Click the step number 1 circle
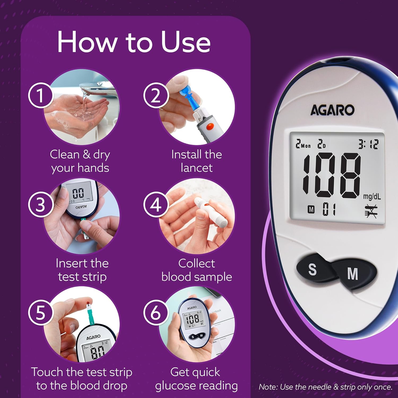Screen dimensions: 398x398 click(40, 95)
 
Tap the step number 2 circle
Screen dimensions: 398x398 click(156, 95)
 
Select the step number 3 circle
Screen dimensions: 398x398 click(40, 205)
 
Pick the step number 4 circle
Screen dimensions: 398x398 click(156, 205)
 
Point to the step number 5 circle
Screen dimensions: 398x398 click(40, 313)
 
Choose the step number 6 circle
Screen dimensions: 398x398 click(156, 313)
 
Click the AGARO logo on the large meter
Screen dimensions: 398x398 click(332, 110)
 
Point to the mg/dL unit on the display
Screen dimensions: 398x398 click(372, 196)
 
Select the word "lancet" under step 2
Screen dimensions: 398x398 click(197, 168)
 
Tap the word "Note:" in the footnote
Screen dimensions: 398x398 click(268, 387)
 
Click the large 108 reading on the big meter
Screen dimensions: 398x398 click(332, 175)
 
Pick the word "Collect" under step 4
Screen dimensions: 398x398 click(197, 263)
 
